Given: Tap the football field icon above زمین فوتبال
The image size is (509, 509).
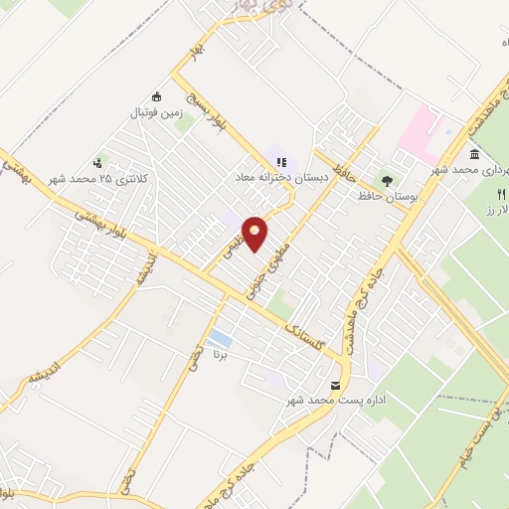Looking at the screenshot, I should tap(156, 96).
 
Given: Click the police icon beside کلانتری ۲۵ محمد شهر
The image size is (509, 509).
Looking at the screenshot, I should tap(97, 163).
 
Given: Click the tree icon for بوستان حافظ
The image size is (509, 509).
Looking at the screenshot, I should tap(387, 181).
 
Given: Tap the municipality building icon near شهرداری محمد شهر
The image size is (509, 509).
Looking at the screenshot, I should tap(474, 154).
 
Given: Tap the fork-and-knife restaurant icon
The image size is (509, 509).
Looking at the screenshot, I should tap(501, 192).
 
